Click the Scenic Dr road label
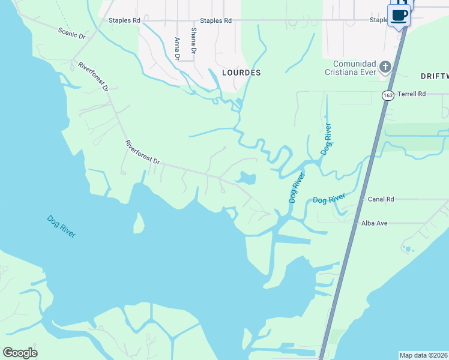pos(73,32)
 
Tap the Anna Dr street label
pos(177,49)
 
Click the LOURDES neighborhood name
pos(241,73)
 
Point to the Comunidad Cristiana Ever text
pos(355,68)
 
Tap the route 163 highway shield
pos(388,95)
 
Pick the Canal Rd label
pos(381,199)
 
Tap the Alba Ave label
pos(375,223)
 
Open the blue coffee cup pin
pos(399,14)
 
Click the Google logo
pos(20,353)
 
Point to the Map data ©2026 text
pos(423,355)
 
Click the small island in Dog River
pos(138,224)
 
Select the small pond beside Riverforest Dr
pos(247,178)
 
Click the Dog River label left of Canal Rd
pos(328,199)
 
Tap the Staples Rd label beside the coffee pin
pos(379,20)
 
